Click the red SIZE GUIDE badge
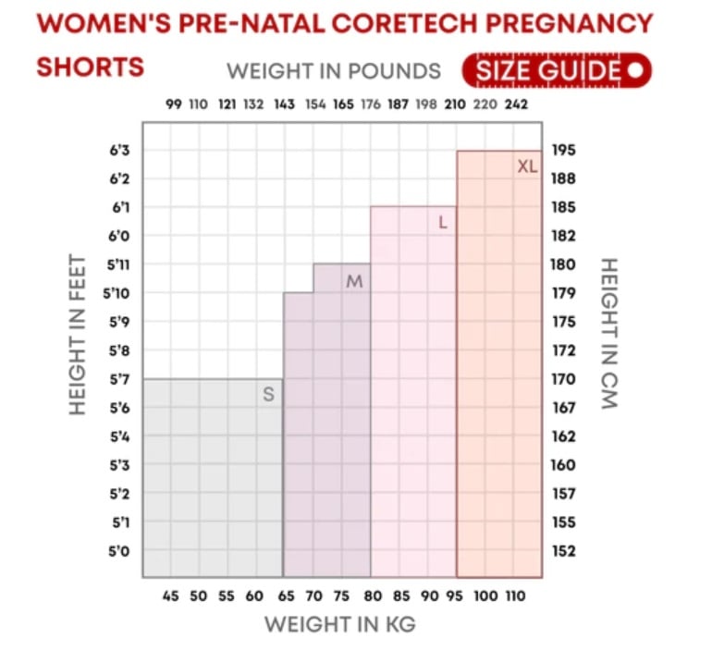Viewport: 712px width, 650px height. (x=557, y=70)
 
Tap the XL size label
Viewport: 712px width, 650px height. (x=527, y=166)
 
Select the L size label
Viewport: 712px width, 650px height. (x=443, y=223)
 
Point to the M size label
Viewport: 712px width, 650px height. (x=354, y=281)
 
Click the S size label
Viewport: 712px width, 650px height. (x=268, y=395)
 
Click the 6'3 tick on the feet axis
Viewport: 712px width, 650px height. (x=120, y=150)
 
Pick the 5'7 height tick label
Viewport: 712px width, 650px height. (x=120, y=379)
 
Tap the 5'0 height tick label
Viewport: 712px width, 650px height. (x=120, y=551)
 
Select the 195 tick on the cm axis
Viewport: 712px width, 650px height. (x=564, y=150)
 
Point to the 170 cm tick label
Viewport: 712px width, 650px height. (x=564, y=379)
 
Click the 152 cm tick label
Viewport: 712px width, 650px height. (x=564, y=551)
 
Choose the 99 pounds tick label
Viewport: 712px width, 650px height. (x=173, y=104)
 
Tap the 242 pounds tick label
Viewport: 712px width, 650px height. (x=517, y=104)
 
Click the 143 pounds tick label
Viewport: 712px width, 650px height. (x=285, y=104)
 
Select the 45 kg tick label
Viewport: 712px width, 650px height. (x=171, y=596)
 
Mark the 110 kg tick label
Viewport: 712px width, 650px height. (x=517, y=596)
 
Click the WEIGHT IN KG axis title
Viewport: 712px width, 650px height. (x=339, y=625)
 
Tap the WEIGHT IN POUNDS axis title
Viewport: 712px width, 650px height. (x=334, y=71)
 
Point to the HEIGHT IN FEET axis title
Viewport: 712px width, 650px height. (x=77, y=335)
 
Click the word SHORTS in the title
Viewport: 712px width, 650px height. (x=91, y=67)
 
